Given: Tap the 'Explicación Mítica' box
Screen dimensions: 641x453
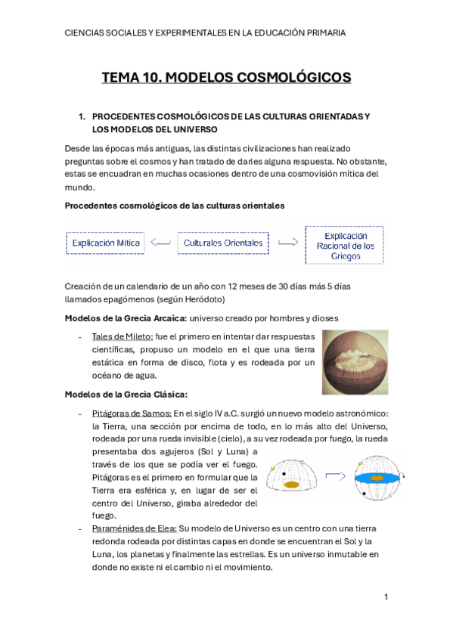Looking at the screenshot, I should [x=106, y=243].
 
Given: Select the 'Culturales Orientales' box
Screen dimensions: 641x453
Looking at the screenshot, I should [x=223, y=243].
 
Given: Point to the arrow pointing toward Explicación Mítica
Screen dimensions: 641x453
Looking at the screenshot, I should [x=160, y=243].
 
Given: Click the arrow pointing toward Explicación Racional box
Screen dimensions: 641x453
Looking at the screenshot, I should [x=287, y=243].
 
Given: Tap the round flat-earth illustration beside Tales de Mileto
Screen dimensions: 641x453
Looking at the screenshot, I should [x=355, y=361].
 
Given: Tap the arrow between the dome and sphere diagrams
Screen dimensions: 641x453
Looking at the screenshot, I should [x=335, y=475].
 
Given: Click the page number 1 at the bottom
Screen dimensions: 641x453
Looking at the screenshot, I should [x=386, y=597].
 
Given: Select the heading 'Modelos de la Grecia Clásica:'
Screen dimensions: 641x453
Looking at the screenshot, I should [x=126, y=394].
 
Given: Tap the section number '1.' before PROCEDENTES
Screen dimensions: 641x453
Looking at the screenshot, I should [x=83, y=117].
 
